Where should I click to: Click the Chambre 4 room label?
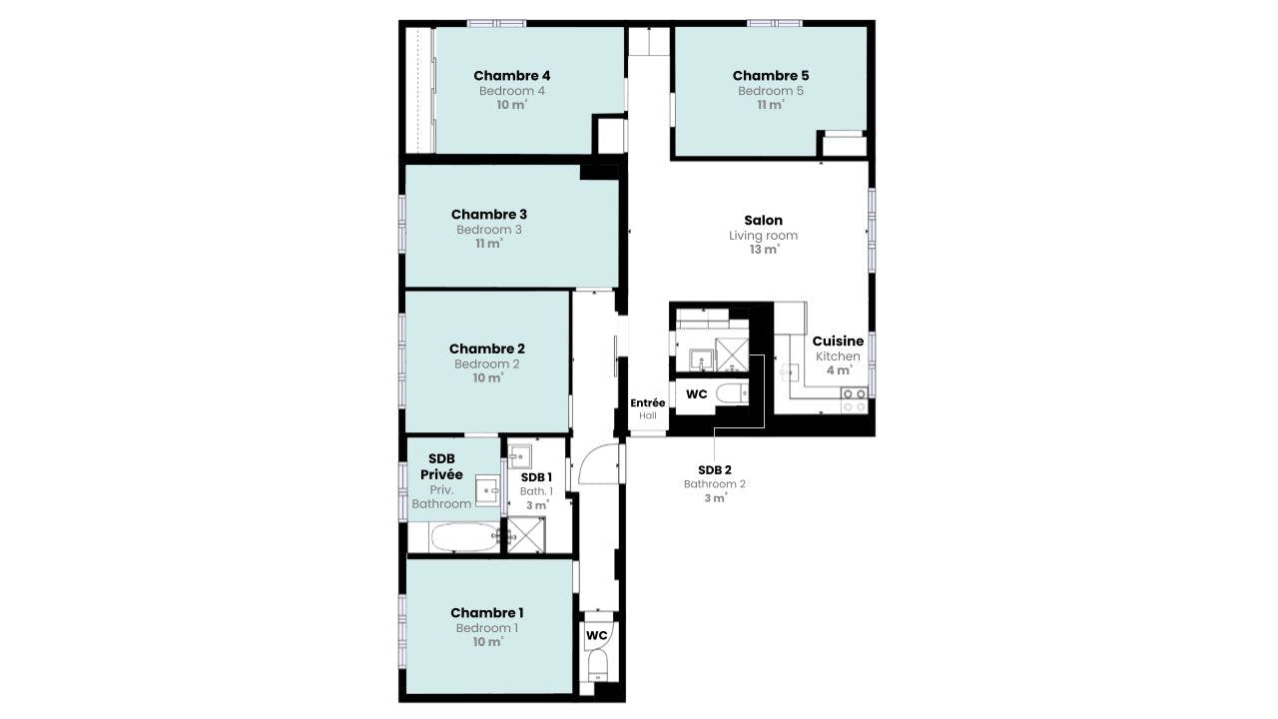click(x=512, y=75)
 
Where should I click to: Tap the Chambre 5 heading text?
click(x=770, y=75)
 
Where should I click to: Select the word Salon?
click(x=764, y=221)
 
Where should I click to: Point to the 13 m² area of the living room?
click(x=765, y=250)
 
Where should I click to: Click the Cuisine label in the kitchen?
click(x=838, y=342)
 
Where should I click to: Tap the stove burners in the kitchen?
click(x=854, y=400)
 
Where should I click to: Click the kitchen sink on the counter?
click(x=790, y=372)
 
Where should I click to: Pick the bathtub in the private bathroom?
click(x=465, y=537)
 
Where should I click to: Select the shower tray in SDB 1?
click(x=526, y=534)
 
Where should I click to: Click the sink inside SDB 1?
click(x=520, y=456)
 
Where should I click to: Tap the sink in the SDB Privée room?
click(x=488, y=490)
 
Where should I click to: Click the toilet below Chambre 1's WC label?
click(x=598, y=666)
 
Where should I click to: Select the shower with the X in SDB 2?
click(x=732, y=355)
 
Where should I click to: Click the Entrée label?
click(x=648, y=402)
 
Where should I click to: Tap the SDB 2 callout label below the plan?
click(x=714, y=470)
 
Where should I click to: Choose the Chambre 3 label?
click(x=489, y=215)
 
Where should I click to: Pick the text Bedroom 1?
click(x=486, y=628)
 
